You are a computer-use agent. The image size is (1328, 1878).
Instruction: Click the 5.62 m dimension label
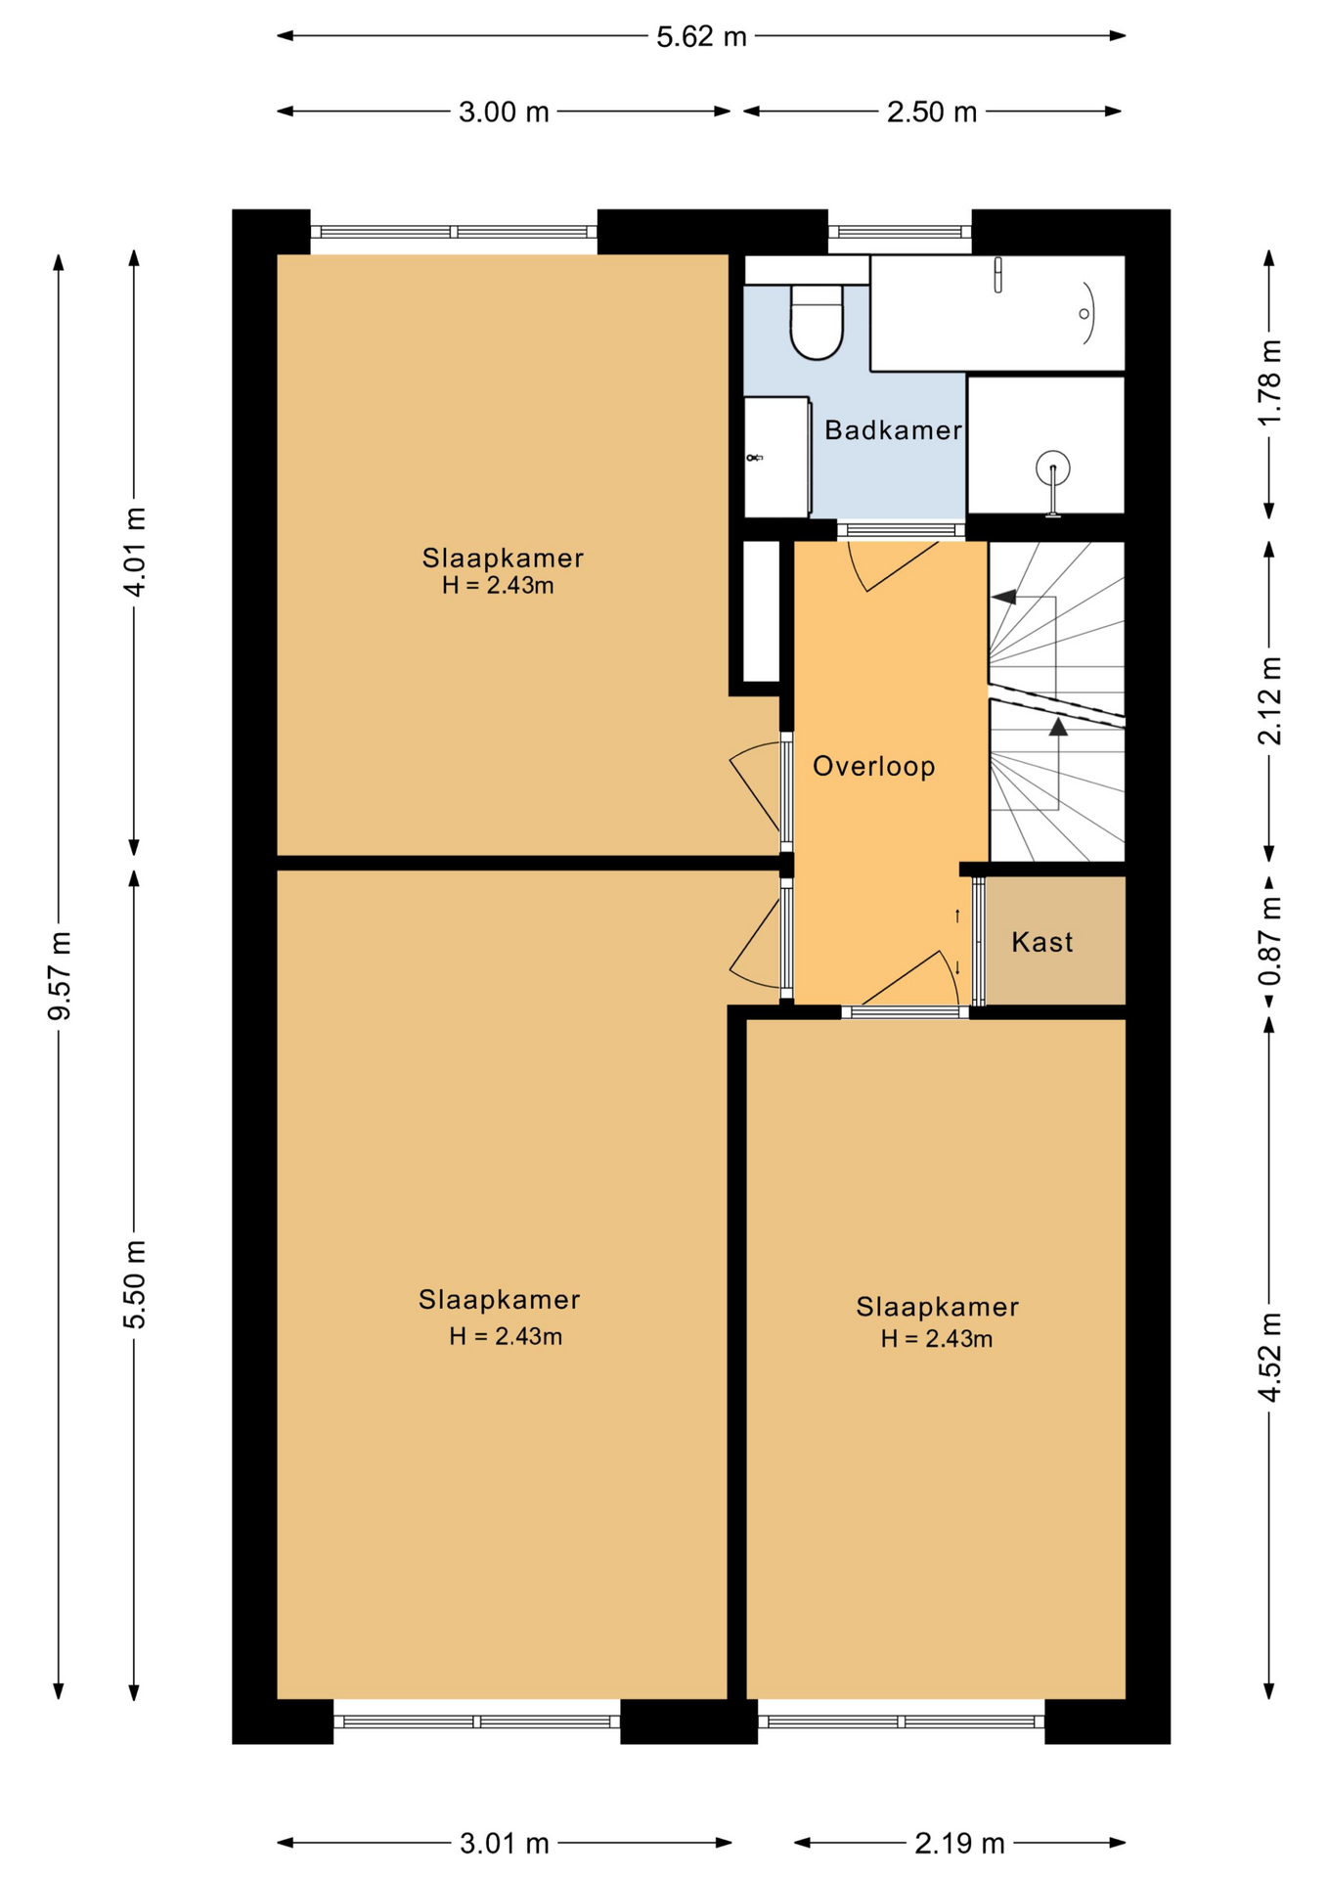[701, 37]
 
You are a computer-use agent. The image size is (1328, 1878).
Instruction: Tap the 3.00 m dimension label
[504, 112]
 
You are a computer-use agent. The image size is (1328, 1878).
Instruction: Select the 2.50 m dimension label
[932, 112]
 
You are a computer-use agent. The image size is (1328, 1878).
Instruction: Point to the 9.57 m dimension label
[60, 975]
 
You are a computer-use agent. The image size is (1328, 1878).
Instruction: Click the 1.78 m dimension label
[1269, 381]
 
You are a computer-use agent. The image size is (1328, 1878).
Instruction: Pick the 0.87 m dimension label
[1269, 942]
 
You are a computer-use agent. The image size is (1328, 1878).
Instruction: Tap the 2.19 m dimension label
[959, 1844]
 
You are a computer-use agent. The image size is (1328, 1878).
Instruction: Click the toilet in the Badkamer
[817, 321]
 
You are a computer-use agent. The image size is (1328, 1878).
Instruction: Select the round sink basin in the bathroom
[1053, 468]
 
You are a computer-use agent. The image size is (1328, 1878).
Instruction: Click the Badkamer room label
[893, 430]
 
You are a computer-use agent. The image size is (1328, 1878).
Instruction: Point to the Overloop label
[874, 766]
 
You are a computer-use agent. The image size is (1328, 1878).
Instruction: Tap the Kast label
[1042, 942]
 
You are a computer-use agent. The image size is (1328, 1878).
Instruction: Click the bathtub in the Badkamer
[997, 313]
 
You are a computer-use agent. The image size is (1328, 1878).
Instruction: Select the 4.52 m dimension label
[1269, 1357]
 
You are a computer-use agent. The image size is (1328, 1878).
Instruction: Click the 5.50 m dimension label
[135, 1283]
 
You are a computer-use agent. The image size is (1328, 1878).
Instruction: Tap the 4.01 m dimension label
[135, 552]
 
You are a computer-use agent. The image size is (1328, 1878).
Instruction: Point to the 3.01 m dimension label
[505, 1844]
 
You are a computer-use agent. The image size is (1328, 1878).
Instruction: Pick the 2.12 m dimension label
[1269, 700]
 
